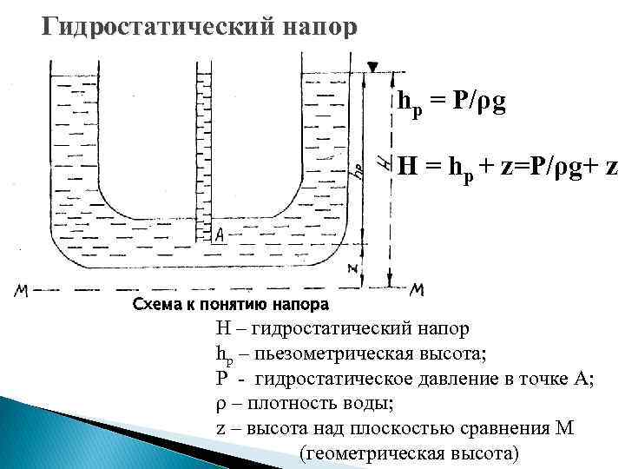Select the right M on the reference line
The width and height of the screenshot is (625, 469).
click(417, 290)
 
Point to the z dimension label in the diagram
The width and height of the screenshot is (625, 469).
click(353, 268)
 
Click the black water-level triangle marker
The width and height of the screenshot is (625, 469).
click(372, 67)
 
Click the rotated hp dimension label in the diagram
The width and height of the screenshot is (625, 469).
click(357, 169)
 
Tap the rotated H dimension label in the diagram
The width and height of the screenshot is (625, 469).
click(384, 161)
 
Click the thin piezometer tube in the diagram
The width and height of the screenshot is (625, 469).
click(205, 139)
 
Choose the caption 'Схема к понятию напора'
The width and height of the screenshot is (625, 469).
click(230, 305)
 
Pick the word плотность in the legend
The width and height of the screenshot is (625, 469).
click(279, 405)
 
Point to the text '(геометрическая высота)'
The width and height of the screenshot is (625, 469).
click(407, 453)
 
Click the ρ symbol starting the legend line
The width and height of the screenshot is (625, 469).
click(220, 406)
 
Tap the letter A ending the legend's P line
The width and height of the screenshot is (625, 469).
click(586, 380)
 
